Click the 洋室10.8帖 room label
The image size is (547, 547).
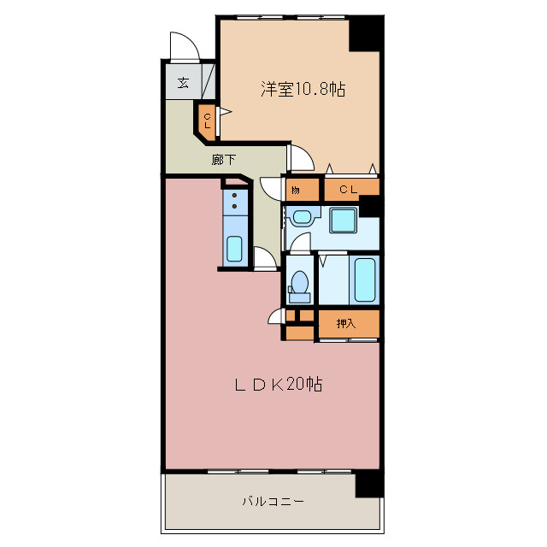303,89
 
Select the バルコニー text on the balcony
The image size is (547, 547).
273,502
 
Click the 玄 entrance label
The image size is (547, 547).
184,83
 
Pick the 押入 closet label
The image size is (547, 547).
345,324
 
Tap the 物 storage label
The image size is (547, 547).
295,189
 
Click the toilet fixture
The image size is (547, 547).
299,283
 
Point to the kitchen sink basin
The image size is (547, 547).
235,249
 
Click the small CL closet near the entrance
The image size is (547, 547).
208,119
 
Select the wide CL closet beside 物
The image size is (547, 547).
350,188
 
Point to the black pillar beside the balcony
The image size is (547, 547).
368,485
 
